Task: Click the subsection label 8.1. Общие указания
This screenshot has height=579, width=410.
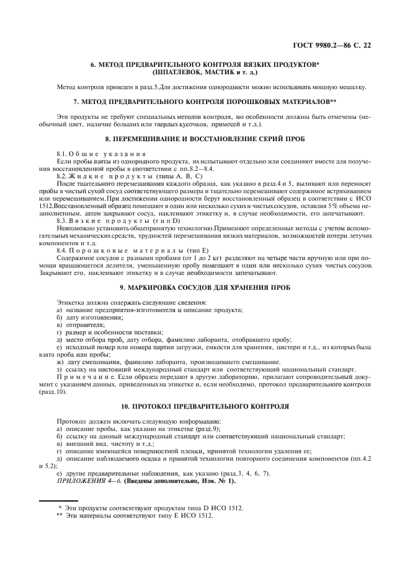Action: click(x=101, y=153)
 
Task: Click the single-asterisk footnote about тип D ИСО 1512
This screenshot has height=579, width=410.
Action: click(x=146, y=508)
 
